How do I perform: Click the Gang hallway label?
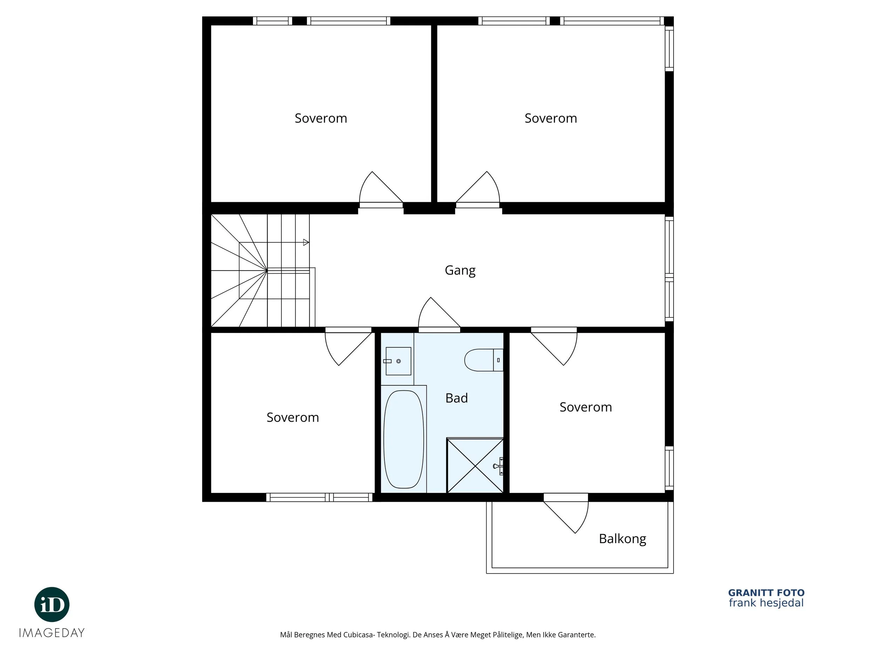[460, 271]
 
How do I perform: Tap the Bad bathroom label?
[456, 398]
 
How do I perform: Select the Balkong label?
[622, 539]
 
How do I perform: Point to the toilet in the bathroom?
[484, 360]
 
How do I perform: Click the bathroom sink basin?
[398, 361]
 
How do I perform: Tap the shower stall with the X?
[475, 465]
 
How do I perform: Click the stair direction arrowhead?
[306, 242]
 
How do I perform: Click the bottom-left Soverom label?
[293, 417]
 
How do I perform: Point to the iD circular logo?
[52, 605]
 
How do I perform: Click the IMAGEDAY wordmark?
[52, 633]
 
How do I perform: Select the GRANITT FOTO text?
[766, 593]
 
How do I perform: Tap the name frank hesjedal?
[766, 603]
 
